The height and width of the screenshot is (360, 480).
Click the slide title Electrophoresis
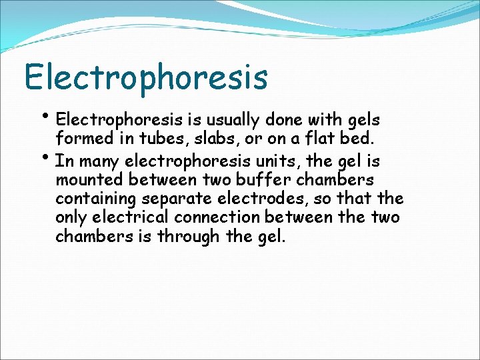tap(146, 77)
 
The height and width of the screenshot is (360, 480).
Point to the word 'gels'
tap(363, 121)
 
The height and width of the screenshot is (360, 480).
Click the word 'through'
tap(182, 237)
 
